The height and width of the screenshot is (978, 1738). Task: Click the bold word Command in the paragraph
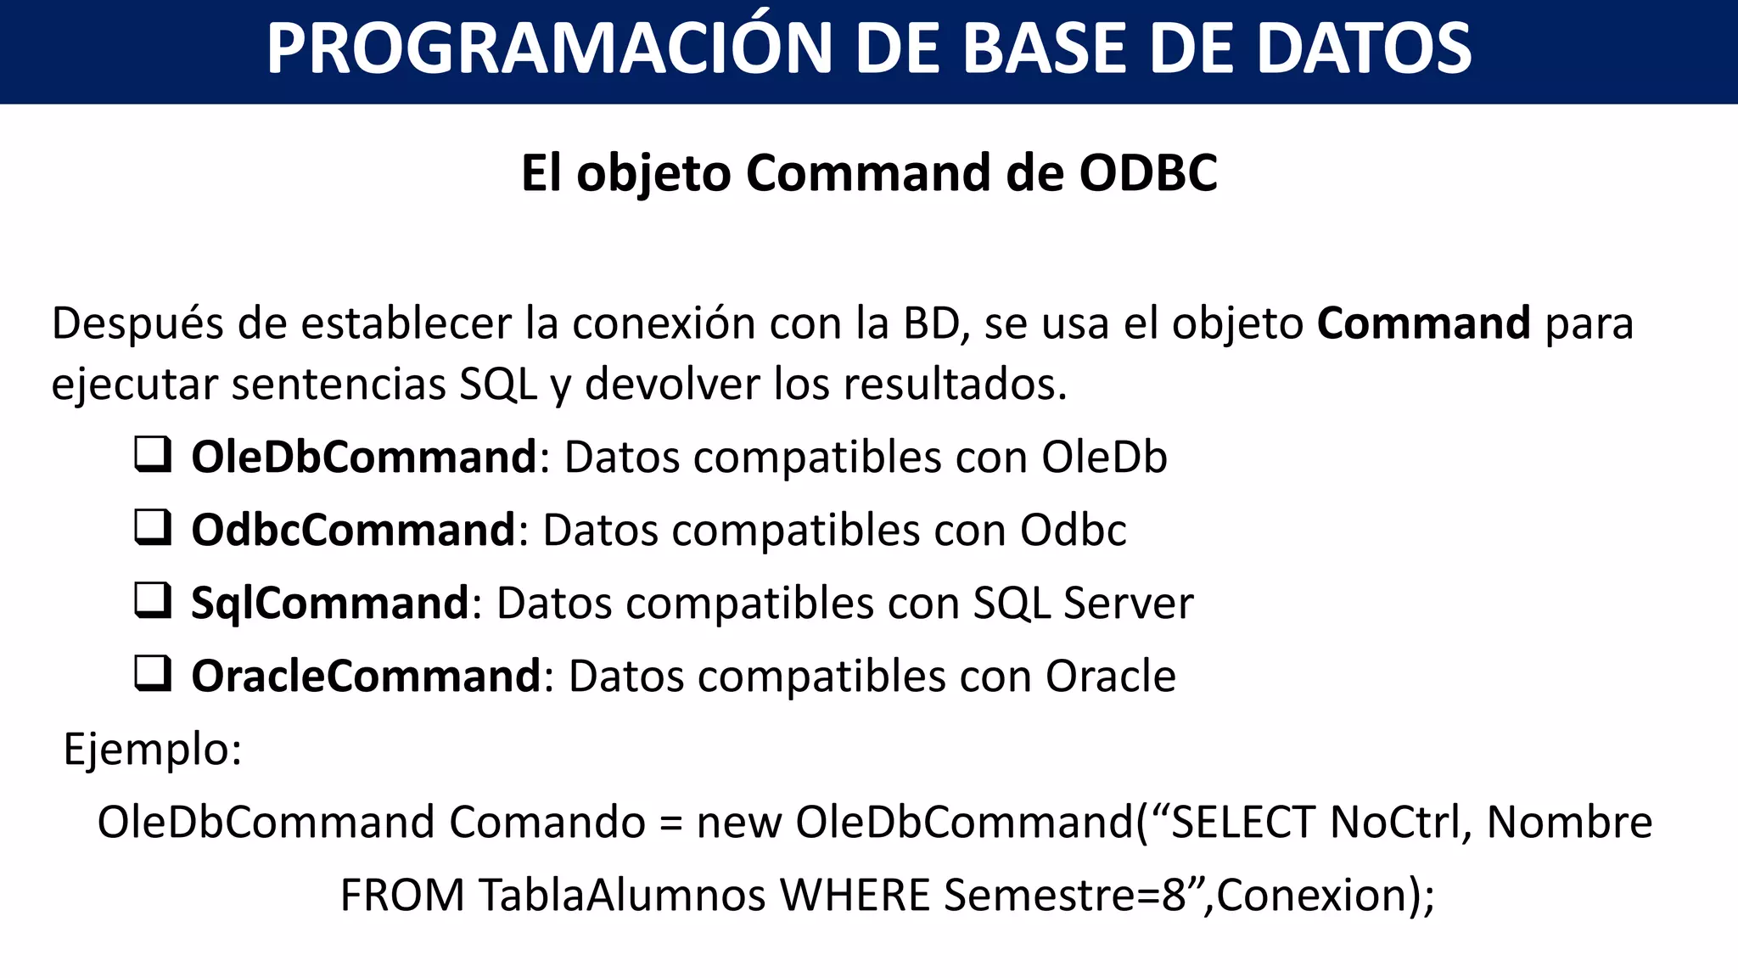1423,323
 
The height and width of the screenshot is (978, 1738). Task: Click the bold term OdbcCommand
353,530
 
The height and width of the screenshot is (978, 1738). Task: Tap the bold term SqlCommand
329,604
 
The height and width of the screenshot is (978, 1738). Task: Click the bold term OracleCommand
366,676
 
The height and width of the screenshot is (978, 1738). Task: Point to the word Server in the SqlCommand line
1128,604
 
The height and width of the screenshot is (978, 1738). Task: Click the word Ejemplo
151,750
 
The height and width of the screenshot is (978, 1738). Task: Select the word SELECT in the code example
1242,822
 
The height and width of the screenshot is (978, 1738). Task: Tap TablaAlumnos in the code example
622,895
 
